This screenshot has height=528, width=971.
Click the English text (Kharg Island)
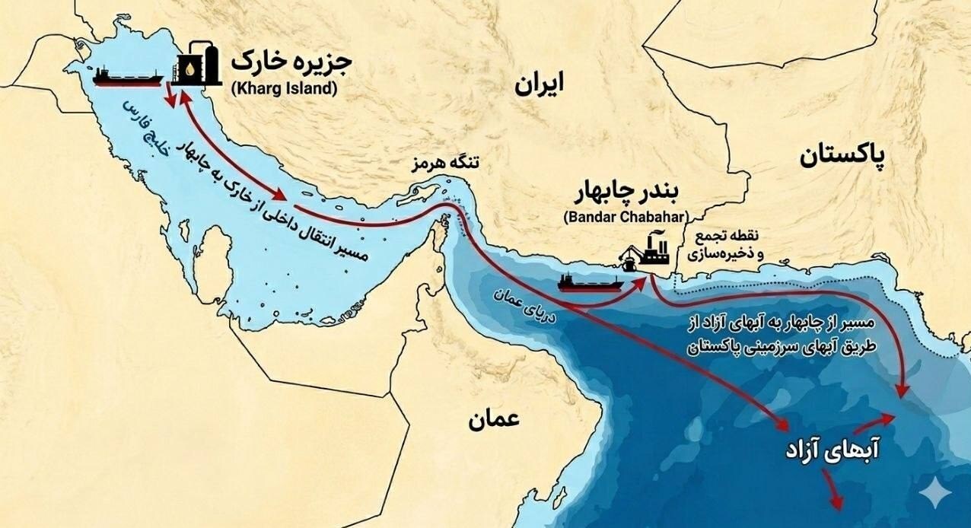pos(284,87)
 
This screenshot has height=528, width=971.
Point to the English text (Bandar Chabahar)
pos(626,216)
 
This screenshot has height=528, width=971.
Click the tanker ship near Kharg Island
pos(127,76)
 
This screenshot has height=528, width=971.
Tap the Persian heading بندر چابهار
pos(626,193)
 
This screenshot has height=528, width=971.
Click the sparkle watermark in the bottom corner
pos(934,494)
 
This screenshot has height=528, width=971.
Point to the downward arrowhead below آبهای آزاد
pos(836,503)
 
